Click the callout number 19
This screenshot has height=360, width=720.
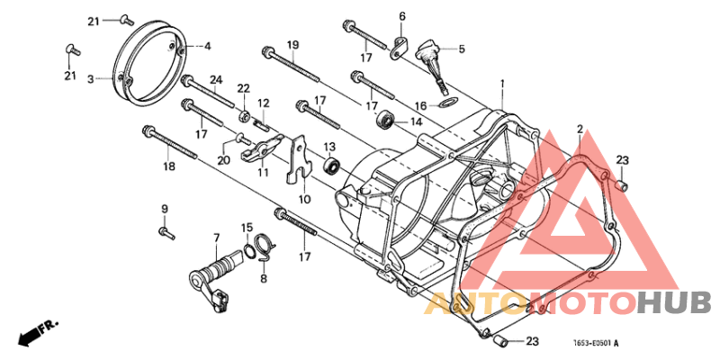coord(293,45)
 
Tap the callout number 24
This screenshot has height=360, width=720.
coord(216,80)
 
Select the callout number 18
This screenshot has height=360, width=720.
coord(169,166)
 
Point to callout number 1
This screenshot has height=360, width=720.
coord(502,84)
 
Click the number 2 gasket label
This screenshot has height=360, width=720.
coord(580,130)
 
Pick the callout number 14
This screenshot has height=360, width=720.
coord(416,122)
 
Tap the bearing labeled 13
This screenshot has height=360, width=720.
coord(331,164)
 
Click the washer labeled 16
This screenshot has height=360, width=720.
coord(445,102)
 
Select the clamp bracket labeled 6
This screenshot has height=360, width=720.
coord(397,49)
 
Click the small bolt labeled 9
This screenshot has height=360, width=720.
coord(166,233)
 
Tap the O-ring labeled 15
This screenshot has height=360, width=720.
coord(248,249)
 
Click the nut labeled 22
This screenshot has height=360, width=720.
coord(243,115)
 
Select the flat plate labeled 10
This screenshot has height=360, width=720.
coord(300,157)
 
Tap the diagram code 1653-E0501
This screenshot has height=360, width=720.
coord(592,343)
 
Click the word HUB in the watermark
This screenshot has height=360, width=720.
coord(674,303)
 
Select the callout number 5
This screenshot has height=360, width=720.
coord(462,48)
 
